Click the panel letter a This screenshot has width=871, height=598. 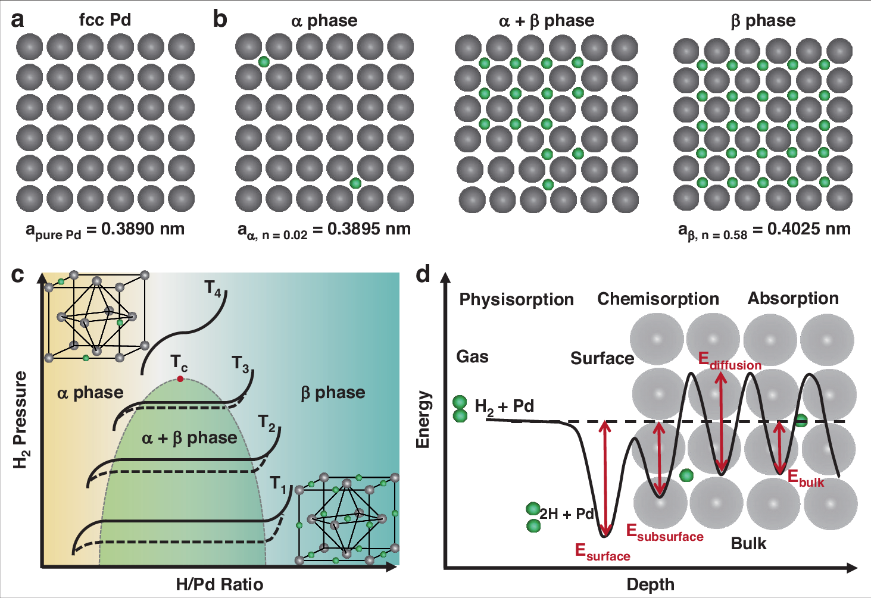coord(18,20)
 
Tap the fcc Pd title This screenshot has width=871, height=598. coord(105,20)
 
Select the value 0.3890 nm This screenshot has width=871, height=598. coord(143,228)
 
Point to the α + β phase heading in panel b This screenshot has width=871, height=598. coord(547,21)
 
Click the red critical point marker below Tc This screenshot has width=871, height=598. coord(180,379)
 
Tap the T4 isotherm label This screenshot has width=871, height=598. coord(213,289)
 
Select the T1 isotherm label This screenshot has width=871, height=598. coord(278,483)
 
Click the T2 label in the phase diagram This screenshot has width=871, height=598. coord(267,423)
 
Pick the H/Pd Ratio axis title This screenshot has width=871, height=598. coord(220,584)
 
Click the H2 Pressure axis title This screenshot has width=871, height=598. coord(20,419)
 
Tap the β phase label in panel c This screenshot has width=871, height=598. coord(333,393)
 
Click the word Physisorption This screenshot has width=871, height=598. coord(516,299)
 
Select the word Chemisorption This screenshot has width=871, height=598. coord(658,299)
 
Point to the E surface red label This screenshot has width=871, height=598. coord(602,552)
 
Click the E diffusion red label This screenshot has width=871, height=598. coord(729,361)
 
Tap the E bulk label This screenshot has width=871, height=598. coord(806,478)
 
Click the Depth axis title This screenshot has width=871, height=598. coord(650,584)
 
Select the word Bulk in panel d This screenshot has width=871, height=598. coord(748,543)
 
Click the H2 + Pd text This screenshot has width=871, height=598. coord(504,406)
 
